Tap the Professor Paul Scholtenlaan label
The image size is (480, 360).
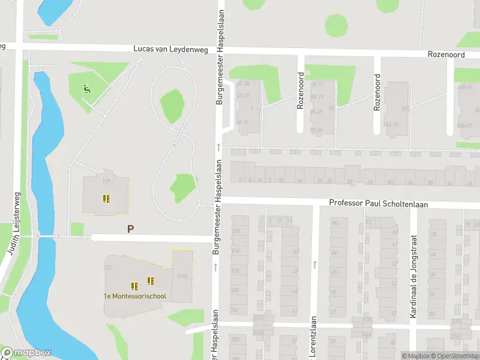pos(379,204)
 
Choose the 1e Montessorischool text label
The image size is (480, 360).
pos(134,296)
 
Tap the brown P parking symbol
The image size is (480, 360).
pos(130,229)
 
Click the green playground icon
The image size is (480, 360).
pos(86,89)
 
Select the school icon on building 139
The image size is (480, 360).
pos(106,198)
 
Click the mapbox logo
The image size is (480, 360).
pos(25,353)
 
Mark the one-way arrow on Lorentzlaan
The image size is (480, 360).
pos(314,264)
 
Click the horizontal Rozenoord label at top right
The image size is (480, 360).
pos(447,54)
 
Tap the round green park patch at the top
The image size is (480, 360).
pos(336,25)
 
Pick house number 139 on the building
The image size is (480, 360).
pos(107,181)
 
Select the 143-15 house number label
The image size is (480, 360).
pos(391,124)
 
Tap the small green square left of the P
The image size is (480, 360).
pos(77,229)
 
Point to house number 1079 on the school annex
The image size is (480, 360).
pos(182,277)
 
